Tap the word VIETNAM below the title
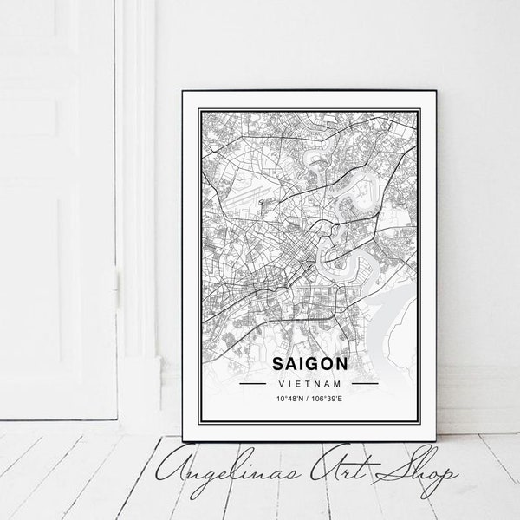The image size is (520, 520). [309, 382]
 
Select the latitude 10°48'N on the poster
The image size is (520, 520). [291, 399]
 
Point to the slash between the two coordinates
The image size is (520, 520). [309, 399]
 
